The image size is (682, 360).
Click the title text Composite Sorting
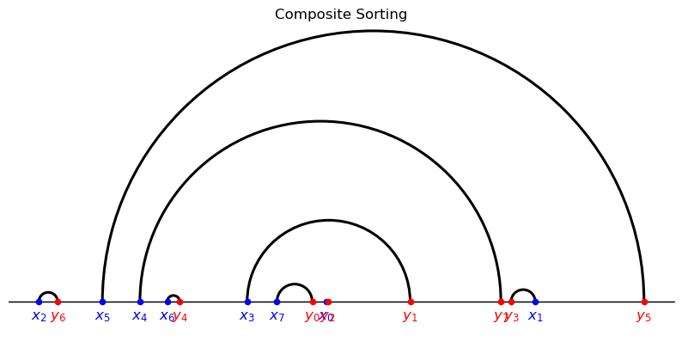[x=341, y=15]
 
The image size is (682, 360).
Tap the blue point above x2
[x=39, y=302]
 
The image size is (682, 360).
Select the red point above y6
[x=58, y=302]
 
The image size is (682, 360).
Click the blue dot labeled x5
[x=102, y=302]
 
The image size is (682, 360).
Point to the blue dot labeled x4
[x=140, y=302]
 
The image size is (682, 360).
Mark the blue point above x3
[x=247, y=302]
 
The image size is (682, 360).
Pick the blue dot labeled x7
[x=277, y=302]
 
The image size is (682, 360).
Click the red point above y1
[x=411, y=302]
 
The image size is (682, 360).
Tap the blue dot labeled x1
[x=535, y=302]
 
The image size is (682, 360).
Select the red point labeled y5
[x=644, y=302]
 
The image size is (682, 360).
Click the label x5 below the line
[x=102, y=316]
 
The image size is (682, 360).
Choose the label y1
[x=411, y=316]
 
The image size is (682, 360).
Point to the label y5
[x=644, y=316]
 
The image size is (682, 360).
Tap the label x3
[x=247, y=316]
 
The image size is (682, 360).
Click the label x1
[x=535, y=316]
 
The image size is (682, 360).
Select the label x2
[x=39, y=316]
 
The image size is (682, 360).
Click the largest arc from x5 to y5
[x=373, y=31]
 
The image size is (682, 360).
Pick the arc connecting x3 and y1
[x=329, y=221]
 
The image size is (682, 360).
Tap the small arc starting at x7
[x=295, y=284]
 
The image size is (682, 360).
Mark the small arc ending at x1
[x=523, y=290]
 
